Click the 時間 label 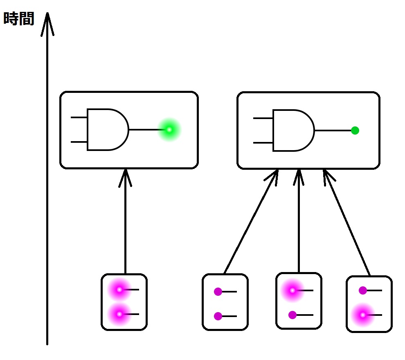tap(19, 19)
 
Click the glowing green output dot tap(169, 130)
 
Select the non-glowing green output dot tap(355, 130)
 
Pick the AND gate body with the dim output tap(293, 130)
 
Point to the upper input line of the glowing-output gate tap(79, 118)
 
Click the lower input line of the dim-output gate tap(263, 143)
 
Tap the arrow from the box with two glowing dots tap(125, 221)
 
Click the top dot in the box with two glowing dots tap(119, 289)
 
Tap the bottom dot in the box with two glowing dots tap(119, 314)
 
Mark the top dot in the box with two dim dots tap(218, 292)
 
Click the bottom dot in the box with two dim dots tap(218, 316)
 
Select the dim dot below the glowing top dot tap(292, 315)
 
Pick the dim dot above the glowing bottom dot tap(363, 290)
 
